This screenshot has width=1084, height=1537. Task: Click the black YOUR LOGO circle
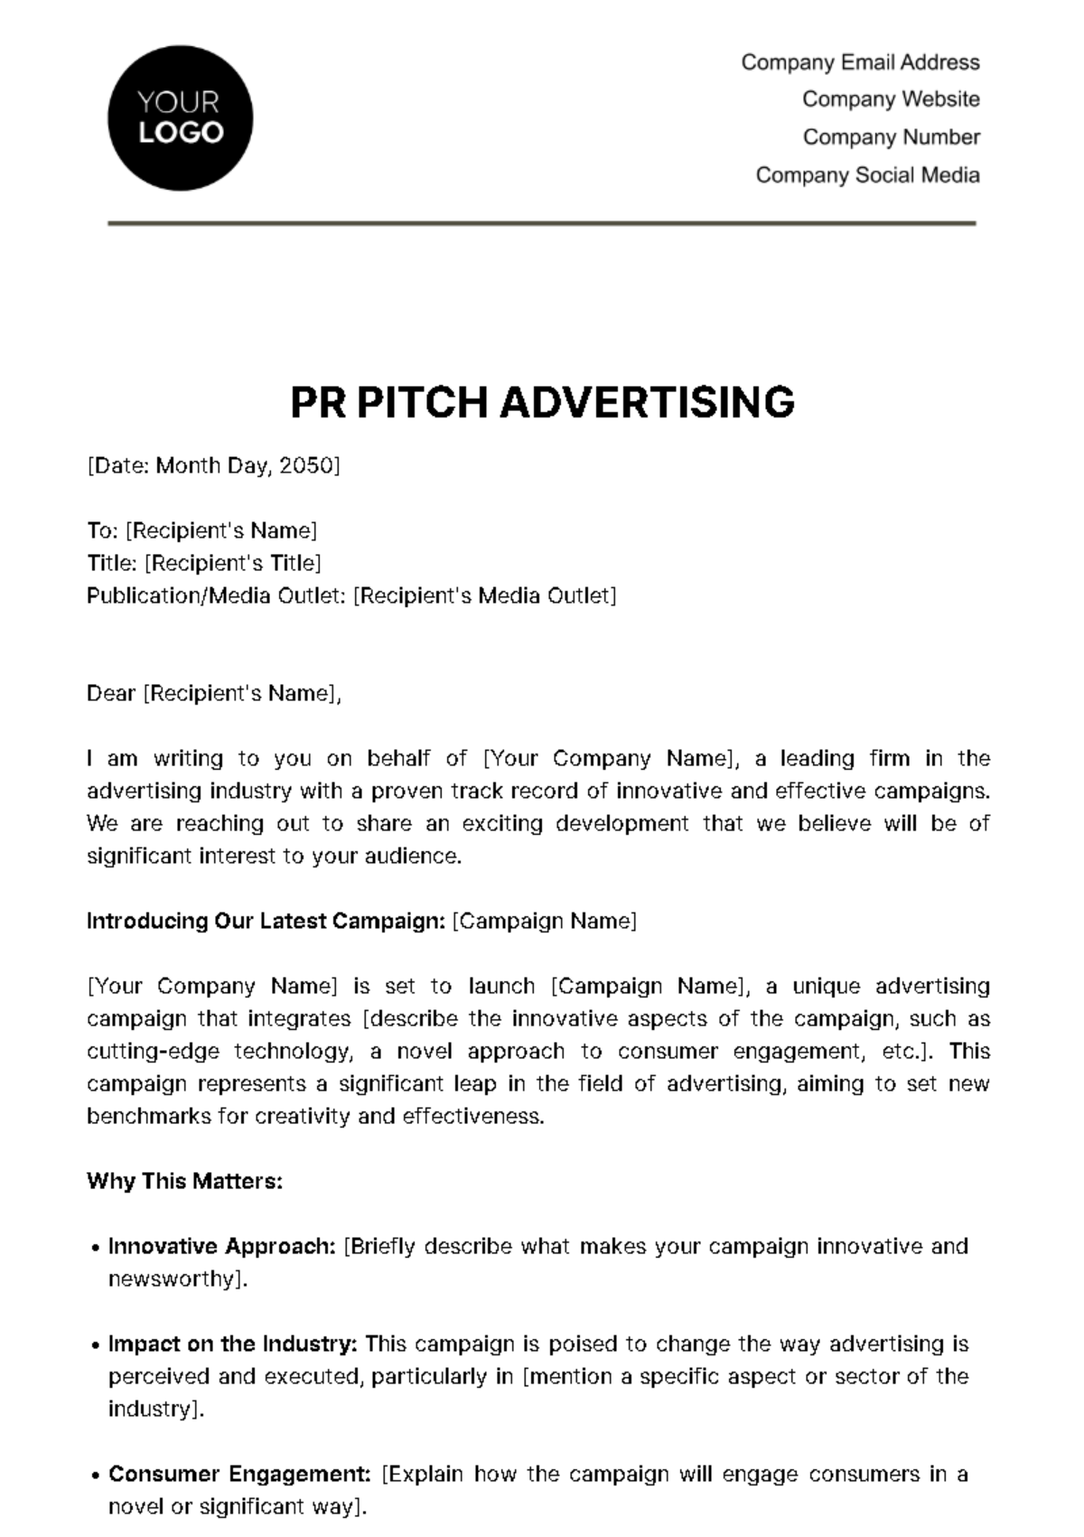point(180,118)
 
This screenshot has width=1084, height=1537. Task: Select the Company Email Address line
point(860,62)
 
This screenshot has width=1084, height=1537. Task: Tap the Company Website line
point(891,99)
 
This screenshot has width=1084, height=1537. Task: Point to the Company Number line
point(891,137)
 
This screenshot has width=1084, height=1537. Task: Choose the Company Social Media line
point(867,175)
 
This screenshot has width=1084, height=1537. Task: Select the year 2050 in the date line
point(306,466)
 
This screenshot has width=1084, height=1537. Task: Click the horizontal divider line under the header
point(542,223)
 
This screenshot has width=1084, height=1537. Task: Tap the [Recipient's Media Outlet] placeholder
point(484,596)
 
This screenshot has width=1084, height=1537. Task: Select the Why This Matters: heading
point(184,1182)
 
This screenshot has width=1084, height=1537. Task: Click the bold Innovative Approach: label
point(222,1247)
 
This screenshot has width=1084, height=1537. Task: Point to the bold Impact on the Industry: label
point(233,1345)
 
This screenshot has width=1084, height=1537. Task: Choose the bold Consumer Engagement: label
point(239,1475)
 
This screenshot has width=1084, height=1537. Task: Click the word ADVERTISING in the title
point(647,402)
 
